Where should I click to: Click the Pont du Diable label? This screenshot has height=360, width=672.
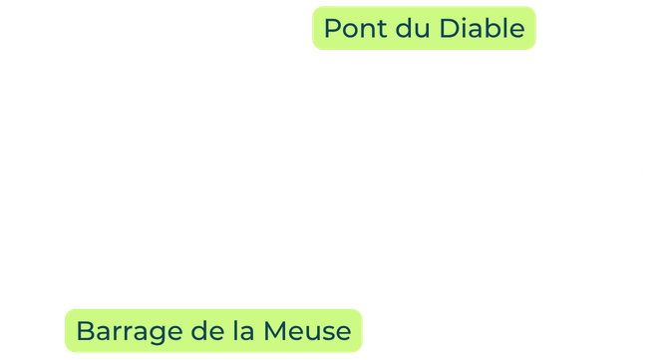tap(424, 28)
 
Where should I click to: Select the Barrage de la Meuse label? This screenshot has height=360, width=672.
tap(213, 330)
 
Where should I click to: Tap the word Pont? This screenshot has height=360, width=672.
tap(356, 29)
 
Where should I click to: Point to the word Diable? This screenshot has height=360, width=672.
tap(483, 28)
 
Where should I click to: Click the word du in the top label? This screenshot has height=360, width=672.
tap(413, 28)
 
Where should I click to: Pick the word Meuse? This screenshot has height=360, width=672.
tap(307, 331)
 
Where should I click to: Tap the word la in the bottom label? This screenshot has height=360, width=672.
tap(244, 331)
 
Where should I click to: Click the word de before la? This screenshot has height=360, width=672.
tap(207, 331)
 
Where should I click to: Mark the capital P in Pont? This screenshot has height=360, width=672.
tap(333, 29)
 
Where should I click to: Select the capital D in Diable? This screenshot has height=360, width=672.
tap(449, 29)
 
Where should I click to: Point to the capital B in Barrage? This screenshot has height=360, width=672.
tap(86, 331)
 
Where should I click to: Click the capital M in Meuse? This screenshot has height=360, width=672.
tap(274, 331)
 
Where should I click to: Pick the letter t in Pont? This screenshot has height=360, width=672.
tap(382, 30)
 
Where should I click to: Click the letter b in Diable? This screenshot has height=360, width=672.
tap(493, 28)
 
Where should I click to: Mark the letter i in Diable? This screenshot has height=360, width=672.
tap(465, 28)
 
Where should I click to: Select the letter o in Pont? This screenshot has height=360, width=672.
tap(351, 31)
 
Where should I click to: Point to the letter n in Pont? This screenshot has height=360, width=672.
tap(368, 31)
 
